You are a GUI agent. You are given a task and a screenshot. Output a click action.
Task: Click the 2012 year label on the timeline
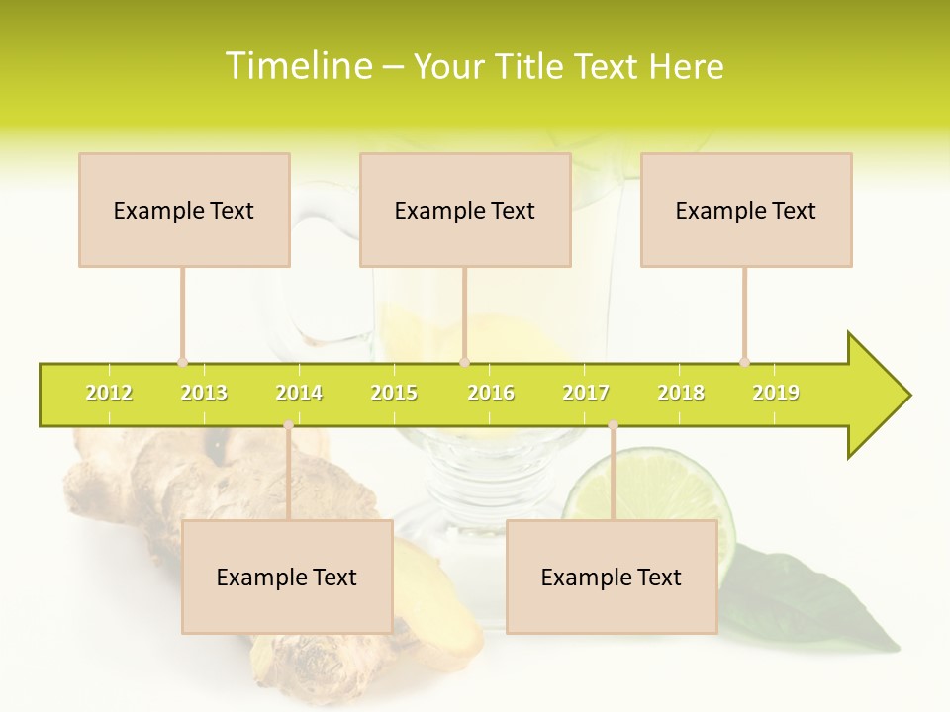[109, 393]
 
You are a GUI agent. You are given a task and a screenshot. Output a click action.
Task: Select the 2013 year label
[204, 393]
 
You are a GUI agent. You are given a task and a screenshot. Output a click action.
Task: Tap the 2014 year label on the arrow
[299, 393]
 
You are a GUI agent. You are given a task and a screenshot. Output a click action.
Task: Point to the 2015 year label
[394, 393]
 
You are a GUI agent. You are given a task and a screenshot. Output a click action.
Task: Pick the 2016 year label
[491, 393]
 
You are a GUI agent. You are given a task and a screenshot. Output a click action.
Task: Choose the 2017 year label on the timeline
[586, 393]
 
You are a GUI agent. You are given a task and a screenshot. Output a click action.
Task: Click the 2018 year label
[681, 393]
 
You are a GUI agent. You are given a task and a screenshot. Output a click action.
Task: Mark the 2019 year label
[776, 393]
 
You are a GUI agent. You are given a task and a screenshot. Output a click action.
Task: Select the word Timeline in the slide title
[297, 66]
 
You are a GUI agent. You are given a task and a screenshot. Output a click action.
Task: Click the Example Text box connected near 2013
[184, 210]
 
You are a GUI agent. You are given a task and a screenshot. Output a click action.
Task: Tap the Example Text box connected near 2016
[465, 210]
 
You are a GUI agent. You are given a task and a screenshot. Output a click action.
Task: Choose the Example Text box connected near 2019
[746, 210]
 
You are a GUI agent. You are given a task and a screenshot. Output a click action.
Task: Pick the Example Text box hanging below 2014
[287, 577]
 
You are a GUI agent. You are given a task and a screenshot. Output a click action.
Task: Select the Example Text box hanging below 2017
[612, 577]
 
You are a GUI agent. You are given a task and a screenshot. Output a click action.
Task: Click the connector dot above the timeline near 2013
[182, 362]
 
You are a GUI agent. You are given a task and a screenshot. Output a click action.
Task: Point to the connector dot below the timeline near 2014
[288, 424]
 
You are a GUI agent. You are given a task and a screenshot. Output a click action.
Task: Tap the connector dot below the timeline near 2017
[613, 424]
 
